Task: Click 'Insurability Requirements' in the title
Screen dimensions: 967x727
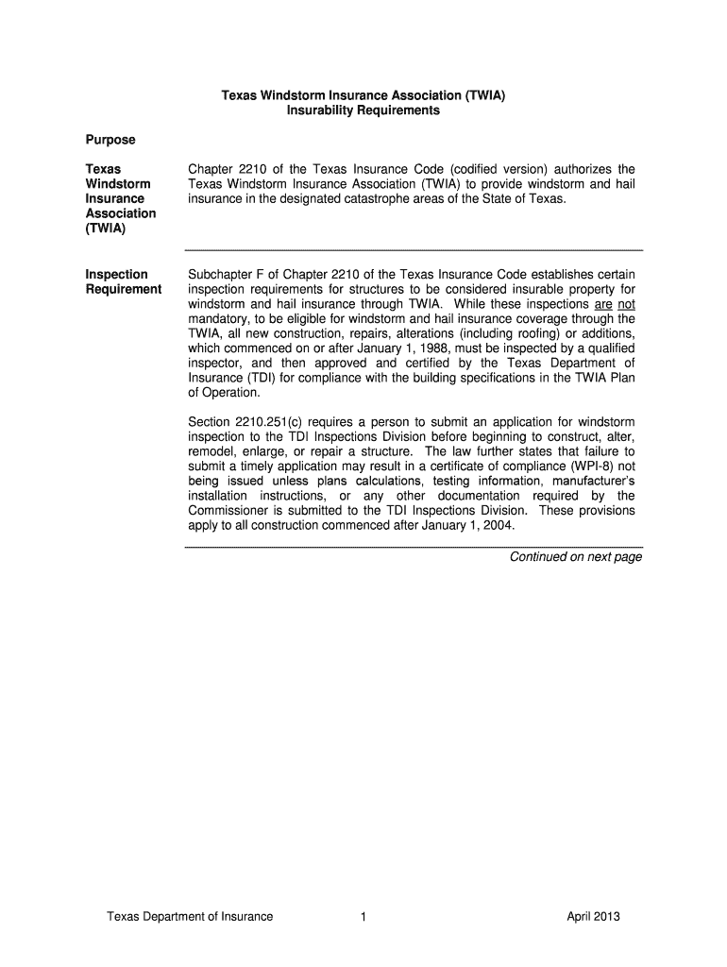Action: tap(363, 110)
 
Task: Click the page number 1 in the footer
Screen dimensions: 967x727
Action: tap(363, 916)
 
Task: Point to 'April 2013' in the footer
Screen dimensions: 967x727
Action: tap(594, 916)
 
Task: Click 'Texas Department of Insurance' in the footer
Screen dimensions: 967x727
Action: tap(190, 916)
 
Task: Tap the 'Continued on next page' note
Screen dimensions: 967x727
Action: tap(576, 556)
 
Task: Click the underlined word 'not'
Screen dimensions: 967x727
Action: tap(626, 304)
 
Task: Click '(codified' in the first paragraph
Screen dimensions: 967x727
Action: tap(488, 169)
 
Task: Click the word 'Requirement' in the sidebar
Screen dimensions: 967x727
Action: tap(123, 289)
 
